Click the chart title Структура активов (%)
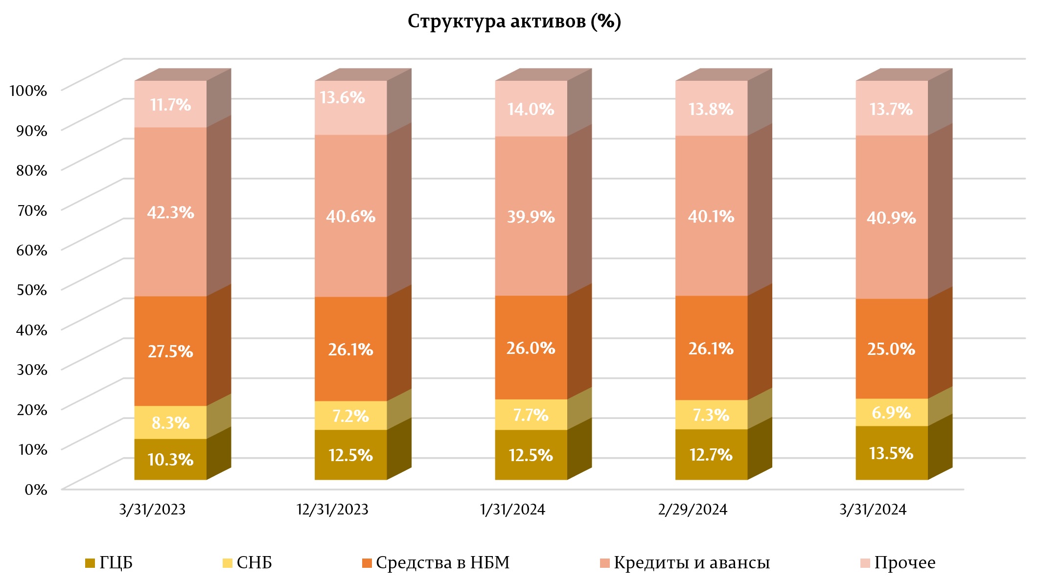[x=514, y=22]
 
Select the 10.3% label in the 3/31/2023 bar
[x=170, y=460]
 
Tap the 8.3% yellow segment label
[x=170, y=422]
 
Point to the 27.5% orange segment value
[x=170, y=351]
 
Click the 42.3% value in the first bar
[x=170, y=212]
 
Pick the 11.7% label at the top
[x=170, y=105]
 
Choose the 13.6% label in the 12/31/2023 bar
[x=343, y=98]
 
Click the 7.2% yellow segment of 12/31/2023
[x=350, y=416]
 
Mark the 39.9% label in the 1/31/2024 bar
[x=531, y=216]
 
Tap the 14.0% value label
[x=531, y=109]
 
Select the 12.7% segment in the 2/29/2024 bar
[x=711, y=455]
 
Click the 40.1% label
[x=711, y=216]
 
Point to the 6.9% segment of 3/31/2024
[x=891, y=413]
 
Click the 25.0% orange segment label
[x=891, y=349]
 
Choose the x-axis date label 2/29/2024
[x=693, y=510]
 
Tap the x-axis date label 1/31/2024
[x=512, y=510]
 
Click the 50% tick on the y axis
[x=32, y=289]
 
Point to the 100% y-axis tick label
[x=28, y=91]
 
